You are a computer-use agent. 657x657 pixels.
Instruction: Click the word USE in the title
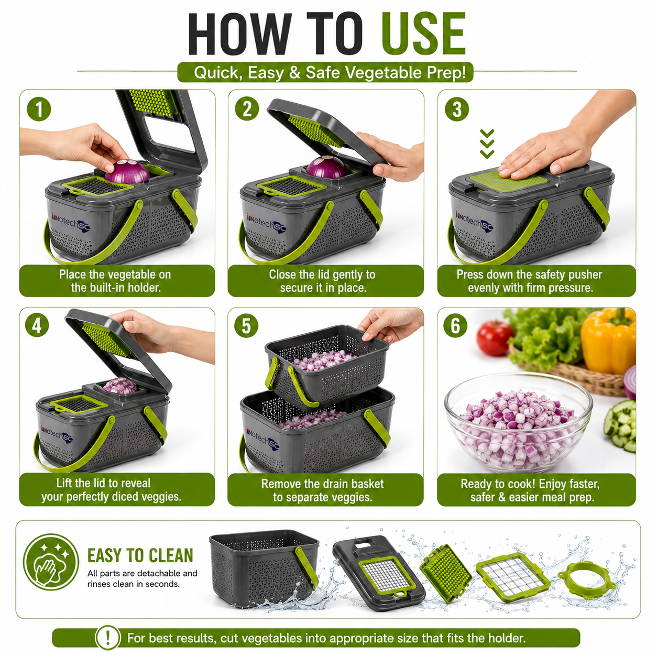423,34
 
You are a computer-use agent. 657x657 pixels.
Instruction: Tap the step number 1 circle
39,109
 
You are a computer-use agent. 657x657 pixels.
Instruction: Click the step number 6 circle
455,325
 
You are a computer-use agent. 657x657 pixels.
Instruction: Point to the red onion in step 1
127,171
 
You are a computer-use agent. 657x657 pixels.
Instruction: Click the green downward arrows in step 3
487,144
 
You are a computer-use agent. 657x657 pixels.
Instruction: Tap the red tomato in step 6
495,338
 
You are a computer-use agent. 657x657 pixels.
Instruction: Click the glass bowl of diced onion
518,423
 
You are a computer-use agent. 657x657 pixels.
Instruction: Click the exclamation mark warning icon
108,638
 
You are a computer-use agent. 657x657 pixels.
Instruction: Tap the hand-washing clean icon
51,566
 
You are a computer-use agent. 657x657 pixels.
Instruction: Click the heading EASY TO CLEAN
140,556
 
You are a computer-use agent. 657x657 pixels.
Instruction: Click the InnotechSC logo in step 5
262,437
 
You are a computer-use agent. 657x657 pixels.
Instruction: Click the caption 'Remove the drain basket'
322,484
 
